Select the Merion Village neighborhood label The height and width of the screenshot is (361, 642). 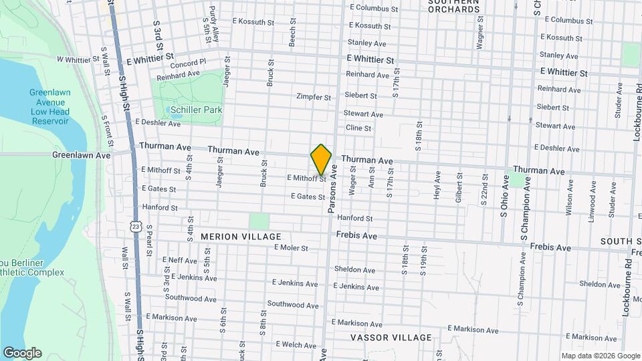(x=241, y=237)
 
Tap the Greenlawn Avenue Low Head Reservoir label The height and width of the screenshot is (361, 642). (x=49, y=106)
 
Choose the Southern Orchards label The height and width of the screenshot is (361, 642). (x=454, y=5)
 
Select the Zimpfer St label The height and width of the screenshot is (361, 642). (x=314, y=97)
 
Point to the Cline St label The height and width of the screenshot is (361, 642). (x=358, y=128)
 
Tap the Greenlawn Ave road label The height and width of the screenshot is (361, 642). (x=82, y=155)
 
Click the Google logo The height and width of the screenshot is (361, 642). (x=21, y=353)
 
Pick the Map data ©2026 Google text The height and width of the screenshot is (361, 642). (x=601, y=356)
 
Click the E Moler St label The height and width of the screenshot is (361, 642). (x=290, y=248)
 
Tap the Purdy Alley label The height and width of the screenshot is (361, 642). (x=213, y=21)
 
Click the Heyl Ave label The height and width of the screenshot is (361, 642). (x=437, y=185)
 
